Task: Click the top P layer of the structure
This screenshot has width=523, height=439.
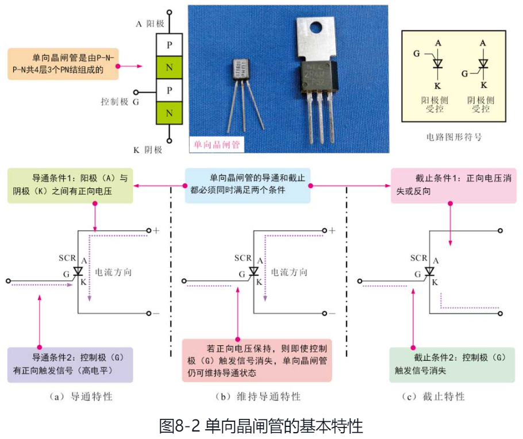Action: coord(169,44)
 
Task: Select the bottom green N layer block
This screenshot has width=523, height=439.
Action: coord(169,113)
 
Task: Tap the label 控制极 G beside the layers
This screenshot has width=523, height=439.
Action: coord(120,102)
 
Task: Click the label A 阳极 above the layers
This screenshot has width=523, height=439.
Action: coord(150,24)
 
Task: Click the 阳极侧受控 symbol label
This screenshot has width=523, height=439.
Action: coord(434,104)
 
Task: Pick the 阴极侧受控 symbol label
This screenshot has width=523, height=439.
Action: coord(480,104)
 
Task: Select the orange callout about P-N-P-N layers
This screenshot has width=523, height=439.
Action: coord(62,63)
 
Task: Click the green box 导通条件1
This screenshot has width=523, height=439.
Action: coord(70,185)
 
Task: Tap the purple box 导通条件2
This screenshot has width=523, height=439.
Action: coord(70,364)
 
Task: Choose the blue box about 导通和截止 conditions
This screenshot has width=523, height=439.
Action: coord(248,185)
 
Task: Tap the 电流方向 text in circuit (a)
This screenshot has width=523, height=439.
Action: coord(113,272)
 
